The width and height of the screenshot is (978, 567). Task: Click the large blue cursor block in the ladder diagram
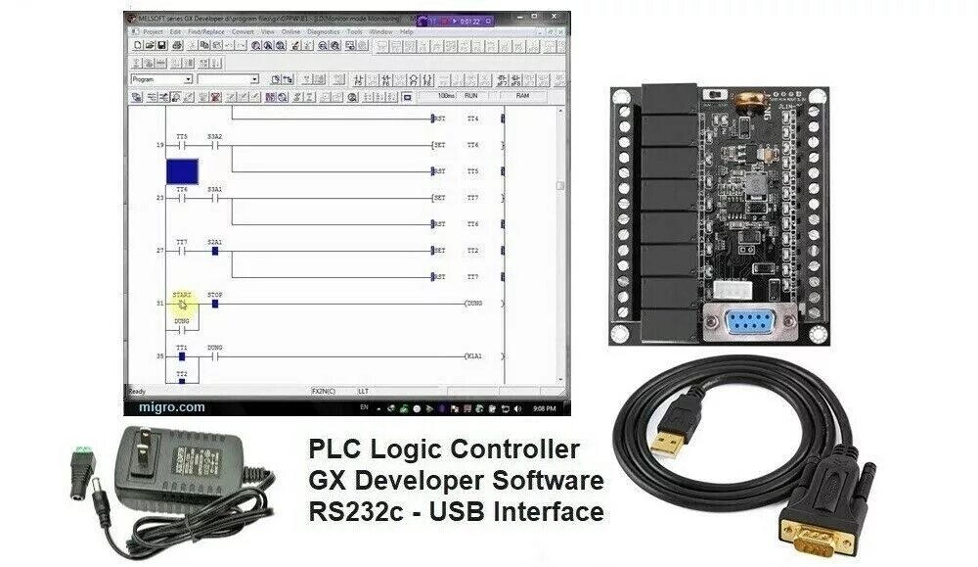pos(183,171)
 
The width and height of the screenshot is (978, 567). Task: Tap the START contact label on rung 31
pos(182,294)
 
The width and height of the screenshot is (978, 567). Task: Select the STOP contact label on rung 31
pos(214,294)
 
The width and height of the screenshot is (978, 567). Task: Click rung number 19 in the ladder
pos(159,145)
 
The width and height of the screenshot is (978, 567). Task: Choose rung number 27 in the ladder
pos(159,251)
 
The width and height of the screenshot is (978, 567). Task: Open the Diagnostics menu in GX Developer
pos(323,31)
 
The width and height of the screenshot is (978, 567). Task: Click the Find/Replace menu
pos(206,31)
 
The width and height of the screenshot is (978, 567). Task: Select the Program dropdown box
pos(161,79)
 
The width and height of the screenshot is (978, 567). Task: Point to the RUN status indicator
pos(471,97)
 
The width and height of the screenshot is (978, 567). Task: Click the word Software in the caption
pos(549,481)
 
